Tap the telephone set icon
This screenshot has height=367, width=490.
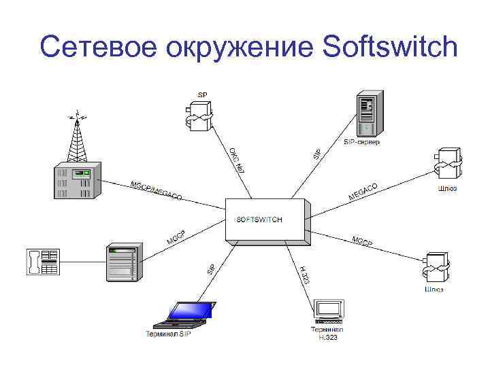click(42, 261)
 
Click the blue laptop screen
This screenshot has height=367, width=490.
click(187, 311)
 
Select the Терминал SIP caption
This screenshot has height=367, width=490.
click(167, 334)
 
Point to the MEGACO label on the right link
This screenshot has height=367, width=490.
click(363, 192)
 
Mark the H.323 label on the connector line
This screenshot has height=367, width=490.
click(305, 275)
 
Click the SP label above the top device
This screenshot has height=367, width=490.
click(203, 94)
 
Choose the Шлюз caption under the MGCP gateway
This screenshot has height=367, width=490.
click(434, 290)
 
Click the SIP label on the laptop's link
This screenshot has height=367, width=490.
click(212, 269)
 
